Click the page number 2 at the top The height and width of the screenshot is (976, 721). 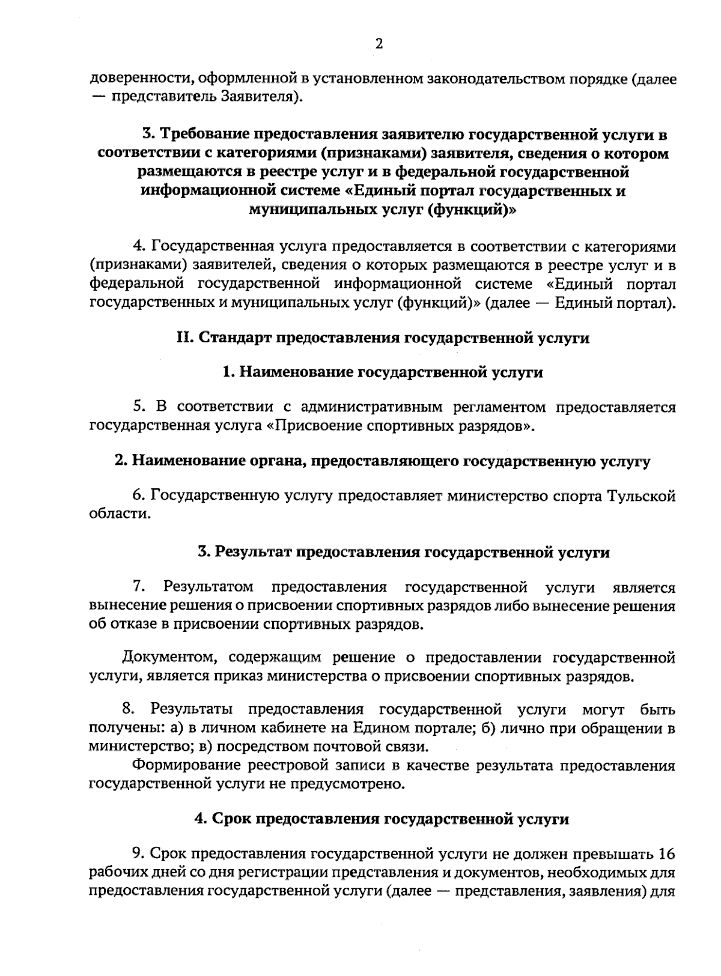pyautogui.click(x=379, y=44)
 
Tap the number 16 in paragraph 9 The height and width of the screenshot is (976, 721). pyautogui.click(x=667, y=853)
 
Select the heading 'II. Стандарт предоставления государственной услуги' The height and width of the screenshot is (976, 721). pyautogui.click(x=383, y=338)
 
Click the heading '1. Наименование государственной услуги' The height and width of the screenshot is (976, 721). pyautogui.click(x=383, y=372)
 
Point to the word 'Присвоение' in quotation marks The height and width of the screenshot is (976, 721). pyautogui.click(x=315, y=426)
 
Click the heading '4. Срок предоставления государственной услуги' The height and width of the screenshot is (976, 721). pyautogui.click(x=382, y=819)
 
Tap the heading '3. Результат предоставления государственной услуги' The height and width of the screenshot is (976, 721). pyautogui.click(x=404, y=552)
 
